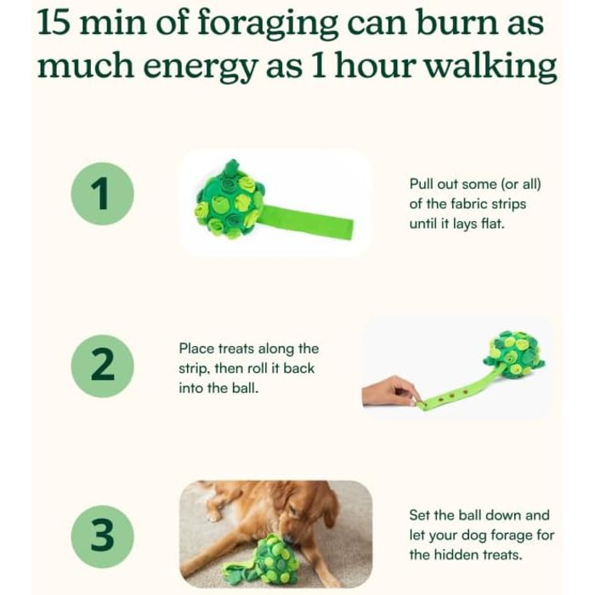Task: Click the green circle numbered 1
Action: point(102,194)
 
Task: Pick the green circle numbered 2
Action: point(102,365)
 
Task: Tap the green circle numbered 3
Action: point(102,536)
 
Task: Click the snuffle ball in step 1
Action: point(229,201)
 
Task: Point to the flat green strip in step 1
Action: point(308,222)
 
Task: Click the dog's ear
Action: point(328,508)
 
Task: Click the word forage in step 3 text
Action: point(513,535)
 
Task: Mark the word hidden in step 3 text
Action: point(456,555)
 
